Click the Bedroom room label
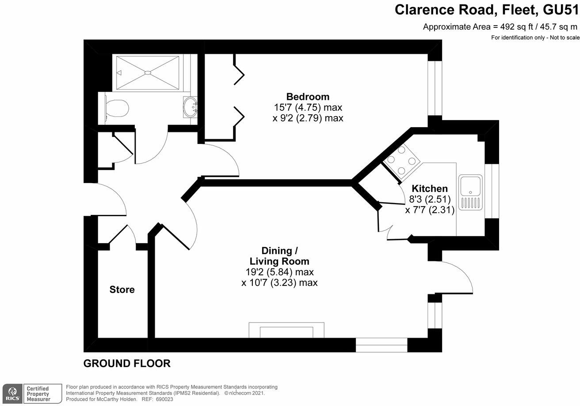[x=308, y=97]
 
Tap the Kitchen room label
[x=430, y=188]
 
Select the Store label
[x=122, y=290]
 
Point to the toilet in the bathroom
[x=116, y=107]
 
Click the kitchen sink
[x=471, y=192]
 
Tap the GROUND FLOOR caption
[x=127, y=364]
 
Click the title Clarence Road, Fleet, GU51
[x=486, y=10]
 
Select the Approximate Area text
[x=500, y=26]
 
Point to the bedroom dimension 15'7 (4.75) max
[x=308, y=107]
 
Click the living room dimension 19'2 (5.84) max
[x=279, y=272]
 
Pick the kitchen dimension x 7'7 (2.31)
[x=430, y=210]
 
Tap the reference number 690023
[x=163, y=399]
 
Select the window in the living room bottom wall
[x=382, y=345]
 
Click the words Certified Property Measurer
[x=38, y=393]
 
